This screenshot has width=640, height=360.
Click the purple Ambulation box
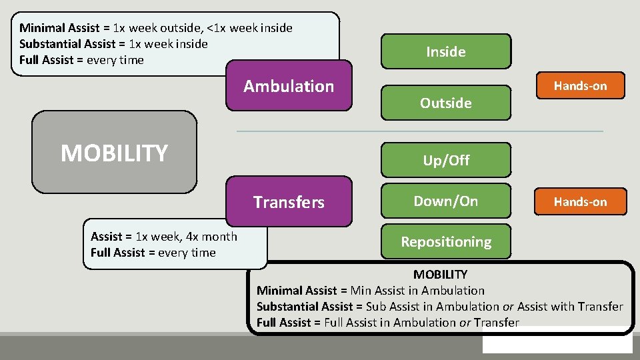point(289,86)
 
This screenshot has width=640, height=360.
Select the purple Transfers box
point(289,202)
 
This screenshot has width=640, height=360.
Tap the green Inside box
point(446,51)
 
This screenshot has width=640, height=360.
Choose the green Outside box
point(446,103)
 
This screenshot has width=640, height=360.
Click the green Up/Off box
point(446,160)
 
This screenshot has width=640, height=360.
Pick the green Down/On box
point(446,201)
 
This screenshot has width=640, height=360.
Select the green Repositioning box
point(446,241)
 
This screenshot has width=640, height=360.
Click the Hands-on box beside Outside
point(580,85)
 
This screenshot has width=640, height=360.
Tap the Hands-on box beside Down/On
point(580,201)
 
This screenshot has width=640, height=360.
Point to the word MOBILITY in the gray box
point(114,153)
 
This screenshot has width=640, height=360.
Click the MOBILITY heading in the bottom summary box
point(440,274)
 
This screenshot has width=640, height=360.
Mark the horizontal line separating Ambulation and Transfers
point(420,131)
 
